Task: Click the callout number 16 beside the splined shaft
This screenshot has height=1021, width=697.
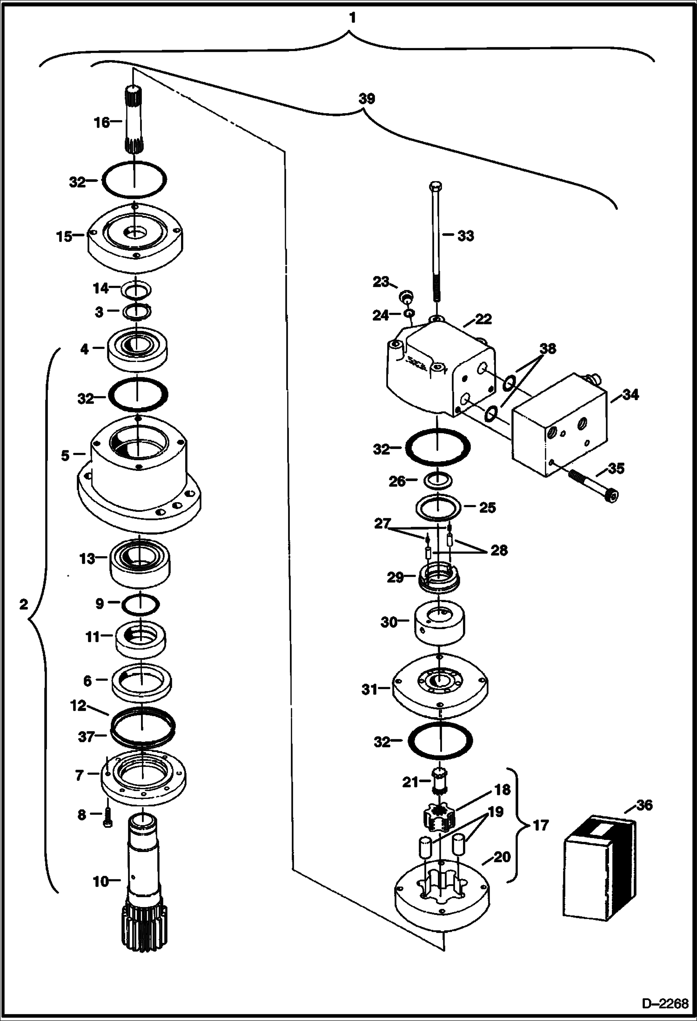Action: (x=101, y=123)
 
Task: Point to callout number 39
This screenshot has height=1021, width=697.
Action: (x=367, y=99)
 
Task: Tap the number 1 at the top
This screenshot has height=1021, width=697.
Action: (x=352, y=18)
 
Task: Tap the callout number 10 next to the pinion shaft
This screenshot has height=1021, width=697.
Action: (x=101, y=882)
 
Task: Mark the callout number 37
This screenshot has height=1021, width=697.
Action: (x=86, y=737)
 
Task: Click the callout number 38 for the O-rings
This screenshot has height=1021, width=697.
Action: (x=547, y=349)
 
